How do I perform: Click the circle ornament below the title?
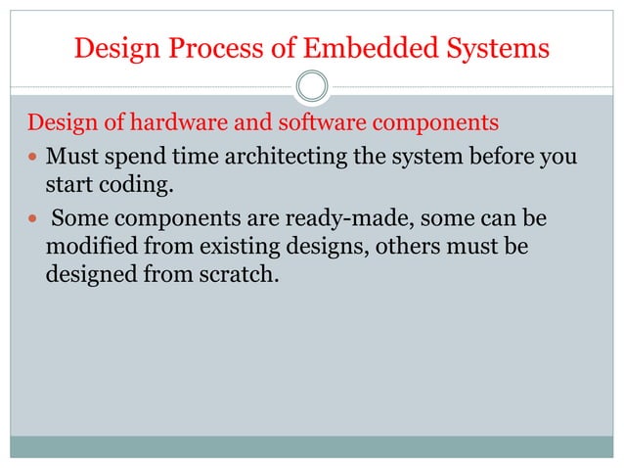[312, 86]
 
